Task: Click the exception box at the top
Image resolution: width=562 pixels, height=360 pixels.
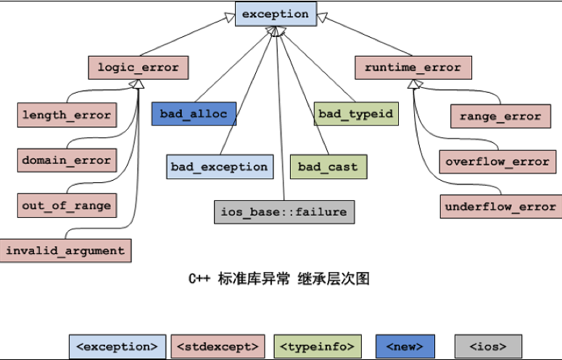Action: [276, 14]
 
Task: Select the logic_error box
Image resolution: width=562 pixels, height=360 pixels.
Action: [139, 67]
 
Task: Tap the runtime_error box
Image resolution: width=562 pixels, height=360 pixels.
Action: [413, 67]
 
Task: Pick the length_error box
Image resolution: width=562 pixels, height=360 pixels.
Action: [67, 115]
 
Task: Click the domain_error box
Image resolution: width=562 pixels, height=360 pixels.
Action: [67, 160]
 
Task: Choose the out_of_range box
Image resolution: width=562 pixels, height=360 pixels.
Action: [67, 205]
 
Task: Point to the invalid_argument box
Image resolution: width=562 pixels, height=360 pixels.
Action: [65, 250]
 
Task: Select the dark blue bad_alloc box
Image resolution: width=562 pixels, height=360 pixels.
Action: [194, 114]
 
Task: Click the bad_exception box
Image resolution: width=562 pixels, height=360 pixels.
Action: [220, 167]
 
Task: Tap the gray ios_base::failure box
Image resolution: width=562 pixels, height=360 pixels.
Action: [284, 212]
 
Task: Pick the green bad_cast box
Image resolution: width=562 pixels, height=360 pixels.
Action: [328, 167]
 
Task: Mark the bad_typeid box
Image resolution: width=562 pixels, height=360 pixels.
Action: [356, 114]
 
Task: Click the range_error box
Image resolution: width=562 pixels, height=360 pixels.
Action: [500, 116]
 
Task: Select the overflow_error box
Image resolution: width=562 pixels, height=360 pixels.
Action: [498, 162]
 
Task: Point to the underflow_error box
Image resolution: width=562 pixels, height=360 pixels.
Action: [501, 207]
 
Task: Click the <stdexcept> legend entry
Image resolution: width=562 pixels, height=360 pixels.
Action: [218, 347]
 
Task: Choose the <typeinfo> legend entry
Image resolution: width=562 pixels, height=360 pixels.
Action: [318, 347]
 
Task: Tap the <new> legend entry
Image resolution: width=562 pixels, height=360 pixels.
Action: [405, 347]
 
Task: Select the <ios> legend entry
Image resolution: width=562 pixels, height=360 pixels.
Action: [488, 347]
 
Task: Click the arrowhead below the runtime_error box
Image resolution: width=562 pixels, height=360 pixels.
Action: [414, 84]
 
